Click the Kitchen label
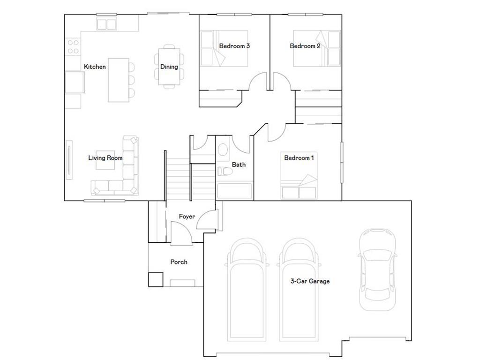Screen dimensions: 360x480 95,67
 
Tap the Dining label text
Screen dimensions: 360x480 169,67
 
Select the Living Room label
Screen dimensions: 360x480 105,158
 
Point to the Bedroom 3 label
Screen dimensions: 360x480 234,46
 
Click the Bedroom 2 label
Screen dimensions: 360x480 305,46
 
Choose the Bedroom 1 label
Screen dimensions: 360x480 299,158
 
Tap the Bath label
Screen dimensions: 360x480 239,165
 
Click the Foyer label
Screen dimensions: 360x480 187,217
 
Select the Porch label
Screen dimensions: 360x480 179,262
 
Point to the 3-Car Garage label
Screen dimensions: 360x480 310,281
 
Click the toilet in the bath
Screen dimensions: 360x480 224,171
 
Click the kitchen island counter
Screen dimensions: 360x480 118,80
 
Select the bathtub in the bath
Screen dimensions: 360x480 234,191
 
